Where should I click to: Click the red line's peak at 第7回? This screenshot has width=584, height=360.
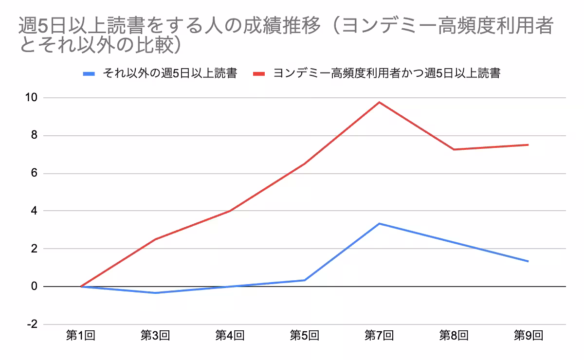(379, 102)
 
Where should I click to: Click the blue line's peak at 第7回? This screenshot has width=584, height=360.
(379, 224)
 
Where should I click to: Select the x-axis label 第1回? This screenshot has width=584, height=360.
(80, 335)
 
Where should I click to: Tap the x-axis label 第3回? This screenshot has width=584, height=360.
(155, 335)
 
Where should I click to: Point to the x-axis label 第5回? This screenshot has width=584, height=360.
(304, 335)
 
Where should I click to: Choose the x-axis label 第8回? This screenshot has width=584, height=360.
(454, 335)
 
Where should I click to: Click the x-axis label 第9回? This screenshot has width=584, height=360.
(528, 335)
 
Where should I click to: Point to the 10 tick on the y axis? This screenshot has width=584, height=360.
(31, 98)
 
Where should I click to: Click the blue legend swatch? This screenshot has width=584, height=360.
(89, 74)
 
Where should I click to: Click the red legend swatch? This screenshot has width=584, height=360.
(259, 74)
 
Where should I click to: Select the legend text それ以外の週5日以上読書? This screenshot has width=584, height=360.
(169, 74)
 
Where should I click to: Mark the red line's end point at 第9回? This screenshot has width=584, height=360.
(528, 144)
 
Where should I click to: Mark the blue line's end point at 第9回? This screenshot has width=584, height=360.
(528, 261)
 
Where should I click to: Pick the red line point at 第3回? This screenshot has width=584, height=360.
(155, 239)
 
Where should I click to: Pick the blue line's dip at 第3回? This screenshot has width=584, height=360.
(155, 293)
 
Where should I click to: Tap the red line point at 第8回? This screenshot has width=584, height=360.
(454, 149)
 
